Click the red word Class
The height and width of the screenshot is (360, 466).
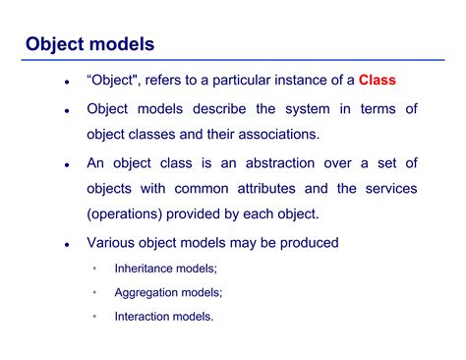(377, 80)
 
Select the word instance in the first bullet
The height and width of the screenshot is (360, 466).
(296, 80)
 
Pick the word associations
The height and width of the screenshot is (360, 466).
(283, 133)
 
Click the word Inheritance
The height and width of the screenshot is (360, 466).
(146, 268)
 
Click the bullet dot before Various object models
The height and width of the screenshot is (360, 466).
(66, 244)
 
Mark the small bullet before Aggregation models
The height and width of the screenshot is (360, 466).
(94, 292)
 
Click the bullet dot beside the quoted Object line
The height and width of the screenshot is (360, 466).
(66, 82)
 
